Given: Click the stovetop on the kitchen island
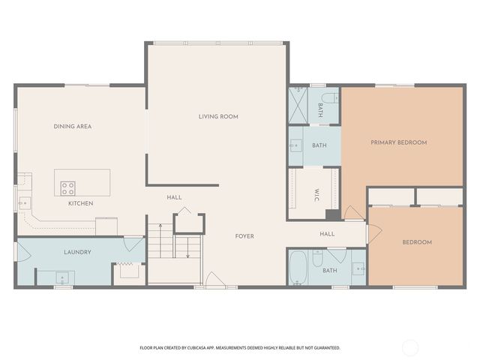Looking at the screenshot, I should click(x=68, y=187).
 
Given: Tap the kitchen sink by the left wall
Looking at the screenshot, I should click(x=23, y=202).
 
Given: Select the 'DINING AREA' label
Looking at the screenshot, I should click(x=73, y=127).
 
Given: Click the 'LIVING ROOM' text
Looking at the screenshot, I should click(x=218, y=116).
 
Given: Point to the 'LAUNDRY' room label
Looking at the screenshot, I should click(x=77, y=252).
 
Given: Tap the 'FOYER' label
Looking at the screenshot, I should click(x=244, y=236).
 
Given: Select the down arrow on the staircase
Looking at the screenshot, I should click(x=188, y=249).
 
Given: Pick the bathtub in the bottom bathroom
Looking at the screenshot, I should click(x=298, y=268).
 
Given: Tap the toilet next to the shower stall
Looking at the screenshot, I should click(x=328, y=97).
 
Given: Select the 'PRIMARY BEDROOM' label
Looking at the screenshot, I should click(x=398, y=142).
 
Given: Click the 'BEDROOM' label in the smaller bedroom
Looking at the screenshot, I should click(x=417, y=242).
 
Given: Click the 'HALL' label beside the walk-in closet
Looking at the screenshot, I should click(x=327, y=234).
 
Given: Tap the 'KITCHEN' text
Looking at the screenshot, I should click(x=81, y=203).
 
